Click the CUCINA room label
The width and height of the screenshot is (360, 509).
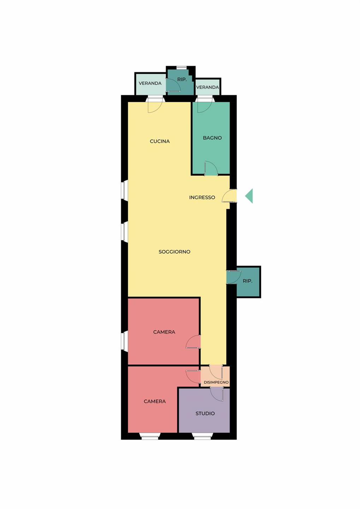coord(160,141)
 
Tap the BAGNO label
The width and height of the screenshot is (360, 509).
coord(212,138)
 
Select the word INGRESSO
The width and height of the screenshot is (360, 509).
coord(202,198)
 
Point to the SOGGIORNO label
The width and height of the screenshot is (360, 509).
coord(174,252)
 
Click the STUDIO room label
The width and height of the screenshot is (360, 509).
coord(205,413)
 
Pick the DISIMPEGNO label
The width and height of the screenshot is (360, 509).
coord(216,382)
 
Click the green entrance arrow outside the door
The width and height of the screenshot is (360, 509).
coord(249,196)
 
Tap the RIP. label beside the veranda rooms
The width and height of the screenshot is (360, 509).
coord(182,80)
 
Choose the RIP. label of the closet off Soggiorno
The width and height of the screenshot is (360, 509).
coord(247,281)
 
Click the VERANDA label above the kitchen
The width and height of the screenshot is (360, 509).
coord(150,83)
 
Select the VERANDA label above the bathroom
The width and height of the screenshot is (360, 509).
coord(207,87)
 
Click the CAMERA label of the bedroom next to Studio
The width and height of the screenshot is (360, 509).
coord(155,402)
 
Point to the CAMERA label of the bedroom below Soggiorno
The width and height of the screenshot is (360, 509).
coord(164,332)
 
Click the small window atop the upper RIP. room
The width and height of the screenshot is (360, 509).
coord(182,67)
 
